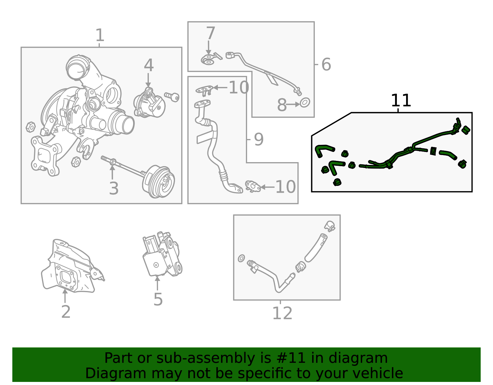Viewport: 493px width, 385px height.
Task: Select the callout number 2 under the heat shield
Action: click(x=66, y=312)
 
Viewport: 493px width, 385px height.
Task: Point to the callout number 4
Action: click(x=149, y=65)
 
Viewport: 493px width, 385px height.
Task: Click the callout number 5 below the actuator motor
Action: click(x=158, y=299)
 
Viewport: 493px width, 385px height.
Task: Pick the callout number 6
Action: click(x=326, y=64)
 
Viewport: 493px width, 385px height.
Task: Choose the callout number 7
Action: click(x=210, y=33)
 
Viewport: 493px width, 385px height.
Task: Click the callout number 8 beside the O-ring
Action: click(x=282, y=105)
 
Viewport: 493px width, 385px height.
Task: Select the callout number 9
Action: click(x=259, y=139)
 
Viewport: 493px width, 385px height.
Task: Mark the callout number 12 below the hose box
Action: click(x=282, y=313)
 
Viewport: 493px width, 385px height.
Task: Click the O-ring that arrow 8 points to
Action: click(x=305, y=103)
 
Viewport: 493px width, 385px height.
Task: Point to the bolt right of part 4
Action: click(x=172, y=97)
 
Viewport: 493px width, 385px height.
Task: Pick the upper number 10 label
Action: click(x=239, y=87)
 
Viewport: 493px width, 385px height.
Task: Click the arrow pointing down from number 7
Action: click(x=209, y=48)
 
